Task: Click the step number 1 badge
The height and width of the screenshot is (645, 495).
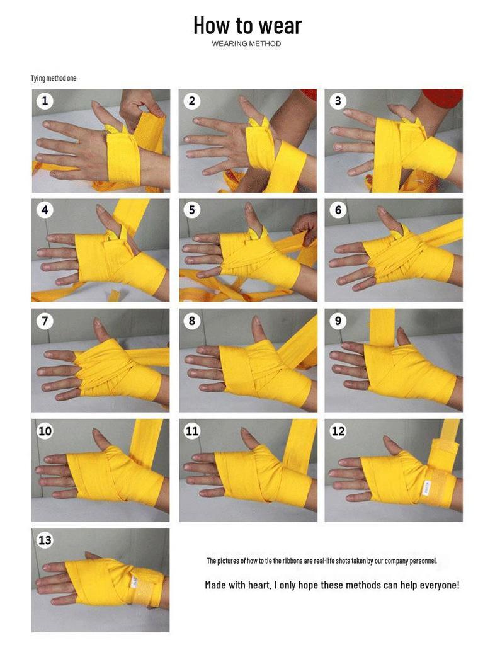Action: click(45, 100)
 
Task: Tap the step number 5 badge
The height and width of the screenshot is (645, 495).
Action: click(191, 210)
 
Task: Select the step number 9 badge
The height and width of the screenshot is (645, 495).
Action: click(338, 321)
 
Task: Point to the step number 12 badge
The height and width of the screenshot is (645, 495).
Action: click(338, 431)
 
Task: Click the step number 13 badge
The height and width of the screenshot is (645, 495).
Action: click(45, 540)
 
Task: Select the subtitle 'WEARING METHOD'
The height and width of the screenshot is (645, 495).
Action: click(246, 43)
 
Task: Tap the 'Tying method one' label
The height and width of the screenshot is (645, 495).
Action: click(54, 78)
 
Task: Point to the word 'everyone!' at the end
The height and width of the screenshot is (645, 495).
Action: click(440, 585)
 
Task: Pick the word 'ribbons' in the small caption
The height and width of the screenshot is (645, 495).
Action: click(292, 561)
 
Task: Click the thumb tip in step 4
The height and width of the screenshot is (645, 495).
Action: click(100, 208)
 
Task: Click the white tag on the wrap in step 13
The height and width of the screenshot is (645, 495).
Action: click(134, 581)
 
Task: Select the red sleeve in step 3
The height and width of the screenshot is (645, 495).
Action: click(443, 98)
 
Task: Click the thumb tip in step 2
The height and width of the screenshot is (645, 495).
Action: click(243, 100)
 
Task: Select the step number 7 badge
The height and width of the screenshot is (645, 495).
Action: click(45, 321)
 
